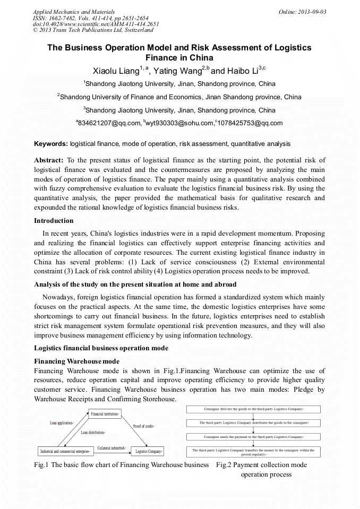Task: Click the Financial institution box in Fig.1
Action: click(105, 413)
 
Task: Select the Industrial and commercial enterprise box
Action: click(64, 452)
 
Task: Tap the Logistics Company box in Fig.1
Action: click(149, 452)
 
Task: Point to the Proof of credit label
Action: click(143, 426)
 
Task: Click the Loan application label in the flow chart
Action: click(62, 423)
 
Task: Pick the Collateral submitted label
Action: click(111, 448)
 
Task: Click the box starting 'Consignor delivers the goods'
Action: click(253, 409)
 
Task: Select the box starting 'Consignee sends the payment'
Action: click(253, 436)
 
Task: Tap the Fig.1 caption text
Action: click(121, 465)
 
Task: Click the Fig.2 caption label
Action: click(261, 465)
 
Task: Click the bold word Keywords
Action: click(50, 144)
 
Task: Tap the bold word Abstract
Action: click(49, 160)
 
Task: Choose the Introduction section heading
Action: click(54, 221)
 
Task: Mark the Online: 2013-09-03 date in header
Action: click(302, 12)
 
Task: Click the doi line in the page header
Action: click(96, 24)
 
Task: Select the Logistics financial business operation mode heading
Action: click(101, 348)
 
